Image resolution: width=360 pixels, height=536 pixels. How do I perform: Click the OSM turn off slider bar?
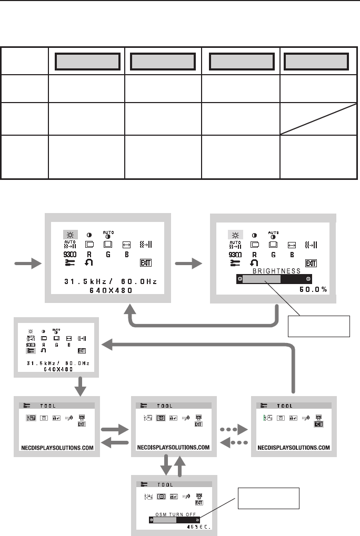pos(173,518)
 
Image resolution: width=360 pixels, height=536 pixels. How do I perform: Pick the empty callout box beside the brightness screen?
pos(318,327)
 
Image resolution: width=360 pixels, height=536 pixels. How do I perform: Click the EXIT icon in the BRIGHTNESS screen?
pos(312,262)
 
